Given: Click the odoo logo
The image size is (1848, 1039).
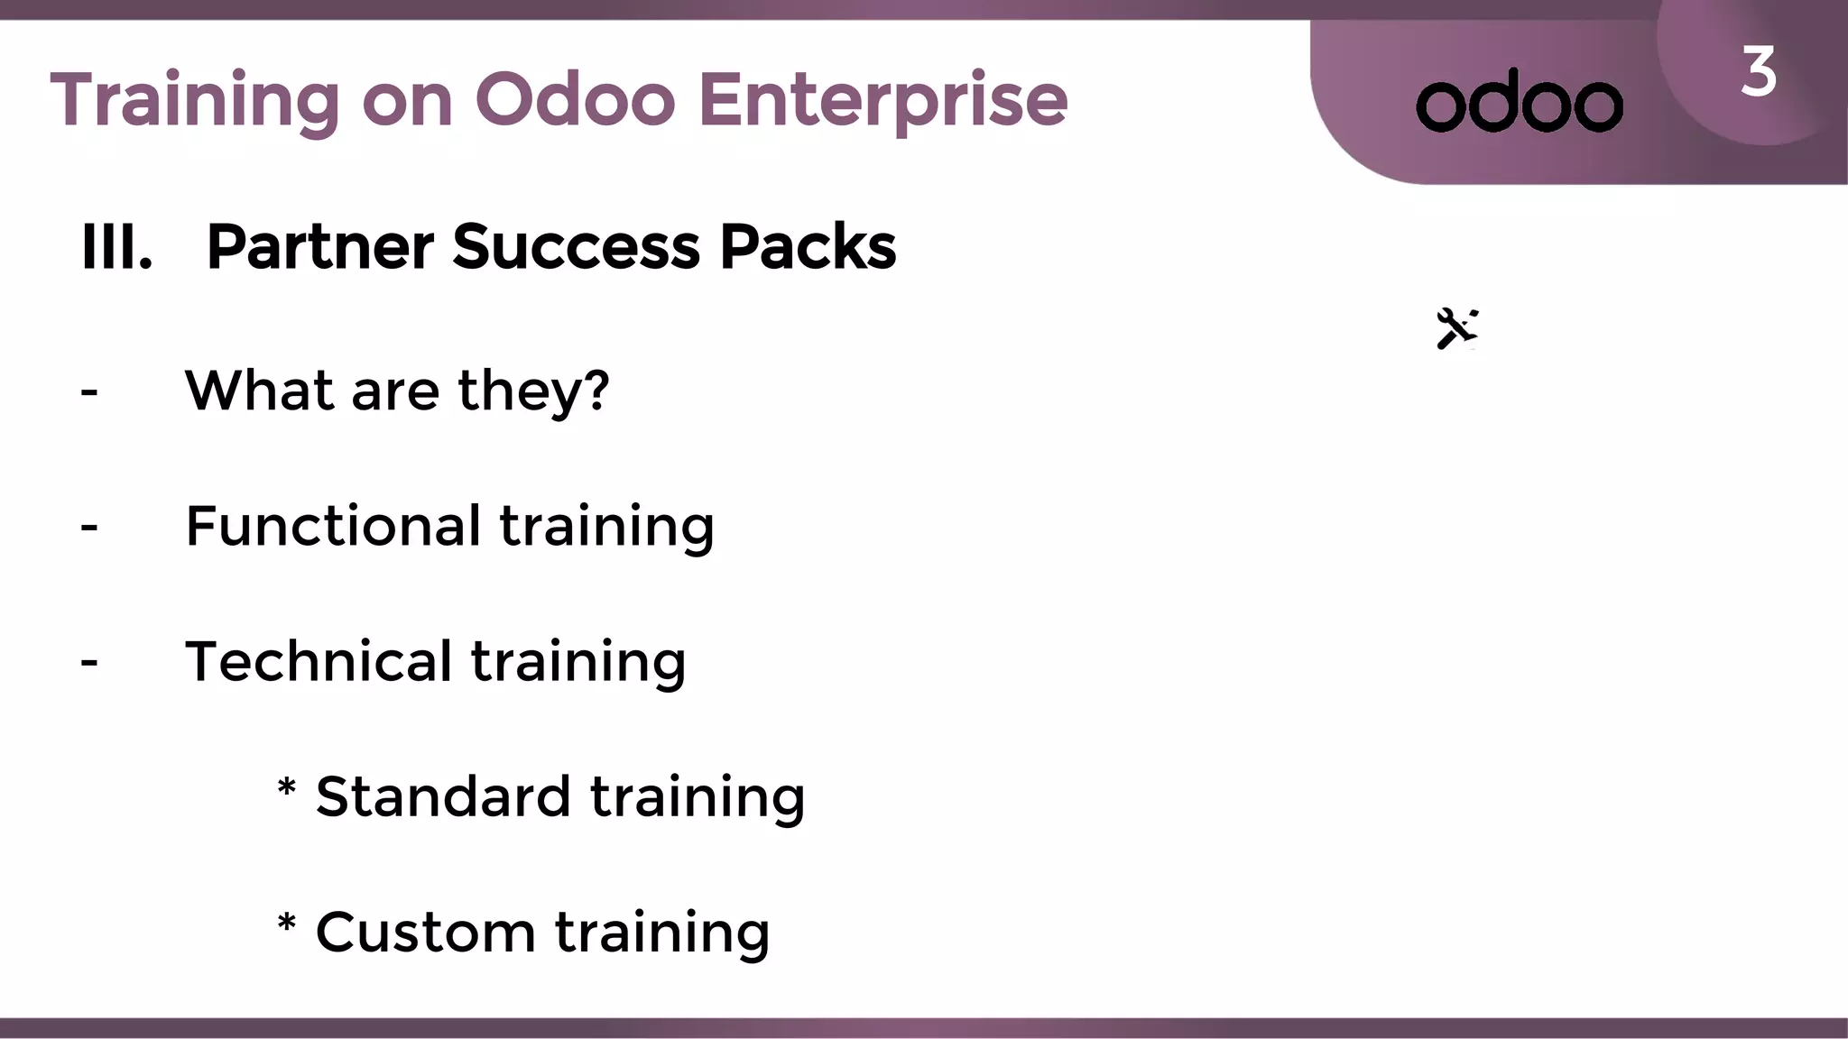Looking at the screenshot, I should (x=1520, y=102).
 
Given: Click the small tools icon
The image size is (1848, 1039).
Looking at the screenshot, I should (x=1456, y=328).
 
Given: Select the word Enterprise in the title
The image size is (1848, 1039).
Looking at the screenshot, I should (x=882, y=100).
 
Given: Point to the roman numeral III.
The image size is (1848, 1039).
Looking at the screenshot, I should (x=115, y=246).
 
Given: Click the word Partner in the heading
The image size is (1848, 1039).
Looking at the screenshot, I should (x=320, y=247).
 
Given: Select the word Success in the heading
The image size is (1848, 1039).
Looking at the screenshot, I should (x=576, y=246).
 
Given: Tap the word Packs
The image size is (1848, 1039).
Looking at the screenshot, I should (x=808, y=246).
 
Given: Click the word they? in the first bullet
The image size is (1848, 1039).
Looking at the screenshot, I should (x=533, y=391).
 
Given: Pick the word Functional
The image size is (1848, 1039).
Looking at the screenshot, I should (x=333, y=526).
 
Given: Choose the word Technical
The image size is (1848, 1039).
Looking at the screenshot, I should (x=319, y=661).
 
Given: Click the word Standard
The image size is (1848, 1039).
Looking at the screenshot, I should (x=443, y=796).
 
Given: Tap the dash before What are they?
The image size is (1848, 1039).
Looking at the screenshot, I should (x=89, y=392).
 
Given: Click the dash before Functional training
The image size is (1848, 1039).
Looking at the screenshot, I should (x=89, y=528).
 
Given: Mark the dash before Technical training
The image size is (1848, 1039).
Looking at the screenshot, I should (x=89, y=663).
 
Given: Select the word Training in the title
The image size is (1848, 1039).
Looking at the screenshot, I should (x=195, y=100).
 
